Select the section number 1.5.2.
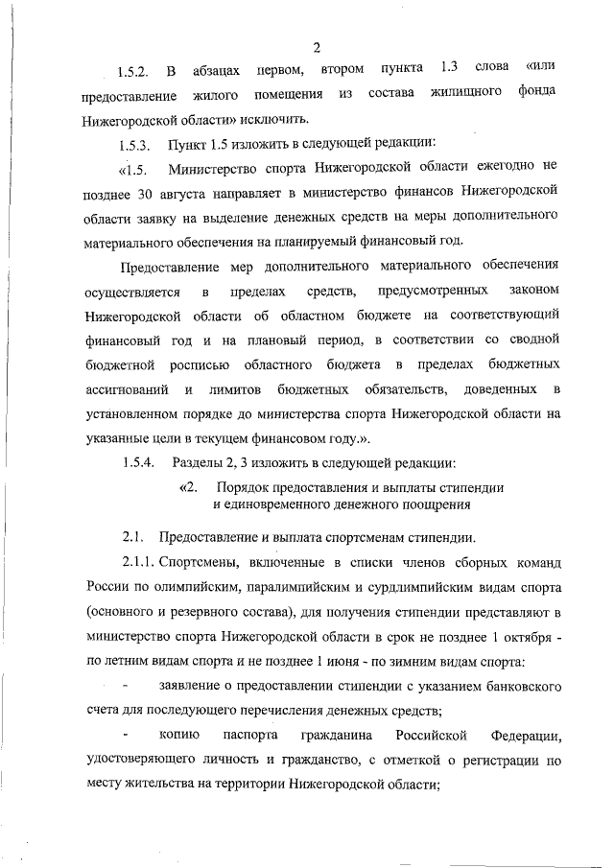(135, 72)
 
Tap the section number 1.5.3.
(135, 146)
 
